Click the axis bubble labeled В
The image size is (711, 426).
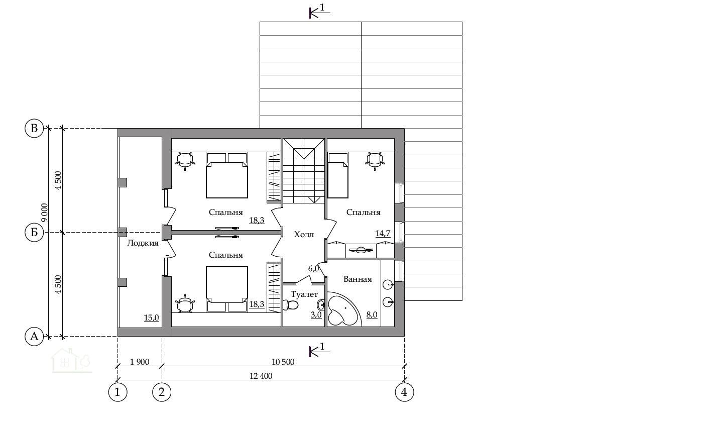[34, 128]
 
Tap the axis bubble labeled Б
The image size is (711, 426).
[34, 233]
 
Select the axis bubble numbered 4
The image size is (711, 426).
[404, 392]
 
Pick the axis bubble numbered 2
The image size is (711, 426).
[162, 392]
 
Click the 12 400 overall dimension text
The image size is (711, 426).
[261, 376]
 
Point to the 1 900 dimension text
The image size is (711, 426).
[140, 362]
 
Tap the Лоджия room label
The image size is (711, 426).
[143, 243]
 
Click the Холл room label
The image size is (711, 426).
[304, 235]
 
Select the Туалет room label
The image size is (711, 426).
[304, 294]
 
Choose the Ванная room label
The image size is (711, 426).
[358, 279]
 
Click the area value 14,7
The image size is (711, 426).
[383, 234]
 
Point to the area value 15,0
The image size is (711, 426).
[152, 317]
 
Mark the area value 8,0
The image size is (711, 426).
[372, 315]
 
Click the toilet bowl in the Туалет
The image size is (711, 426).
[290, 305]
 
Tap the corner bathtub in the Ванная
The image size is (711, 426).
[343, 309]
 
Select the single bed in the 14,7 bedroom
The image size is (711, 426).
[338, 175]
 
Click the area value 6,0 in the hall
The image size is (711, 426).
[314, 269]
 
